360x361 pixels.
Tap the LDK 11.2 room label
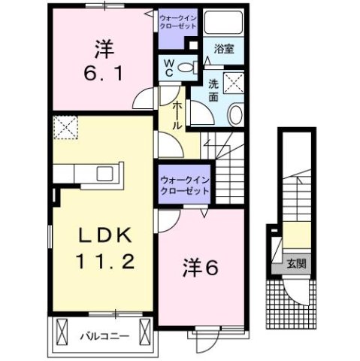pos(107,247)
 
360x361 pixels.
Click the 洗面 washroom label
pos(213,91)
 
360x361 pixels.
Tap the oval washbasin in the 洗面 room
pos(234,115)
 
